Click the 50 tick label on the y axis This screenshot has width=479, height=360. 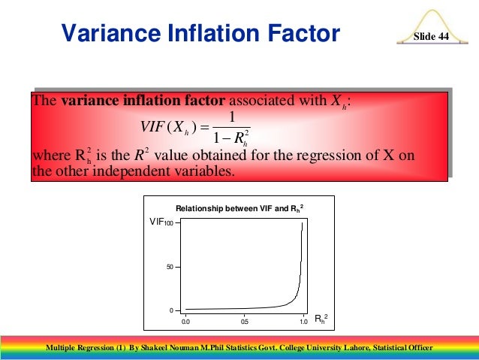pos(170,267)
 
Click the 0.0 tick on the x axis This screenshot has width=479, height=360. pos(185,322)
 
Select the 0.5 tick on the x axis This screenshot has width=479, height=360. pos(244,322)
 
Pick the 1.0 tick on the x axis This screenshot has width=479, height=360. pos(303,322)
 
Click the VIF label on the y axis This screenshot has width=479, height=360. pos(157,222)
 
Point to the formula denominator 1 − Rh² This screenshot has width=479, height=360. pos(232,138)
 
